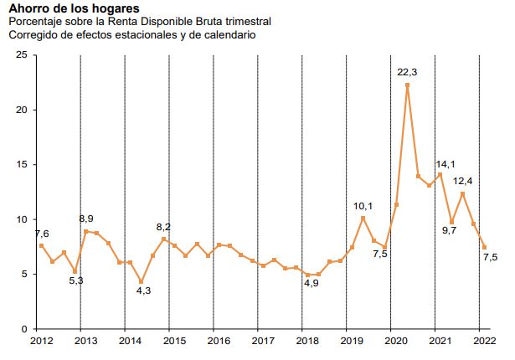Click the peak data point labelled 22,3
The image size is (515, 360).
(407, 85)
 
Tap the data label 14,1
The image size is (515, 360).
(445, 164)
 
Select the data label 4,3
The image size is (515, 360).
(143, 291)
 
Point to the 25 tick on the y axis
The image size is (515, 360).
(22, 55)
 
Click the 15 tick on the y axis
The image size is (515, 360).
(22, 165)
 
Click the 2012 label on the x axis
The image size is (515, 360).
(41, 341)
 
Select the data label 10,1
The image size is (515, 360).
(362, 206)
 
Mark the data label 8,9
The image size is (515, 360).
(85, 219)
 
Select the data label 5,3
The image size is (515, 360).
(75, 281)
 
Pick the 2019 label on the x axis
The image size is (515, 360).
(351, 341)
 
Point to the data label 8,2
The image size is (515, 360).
(164, 228)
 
